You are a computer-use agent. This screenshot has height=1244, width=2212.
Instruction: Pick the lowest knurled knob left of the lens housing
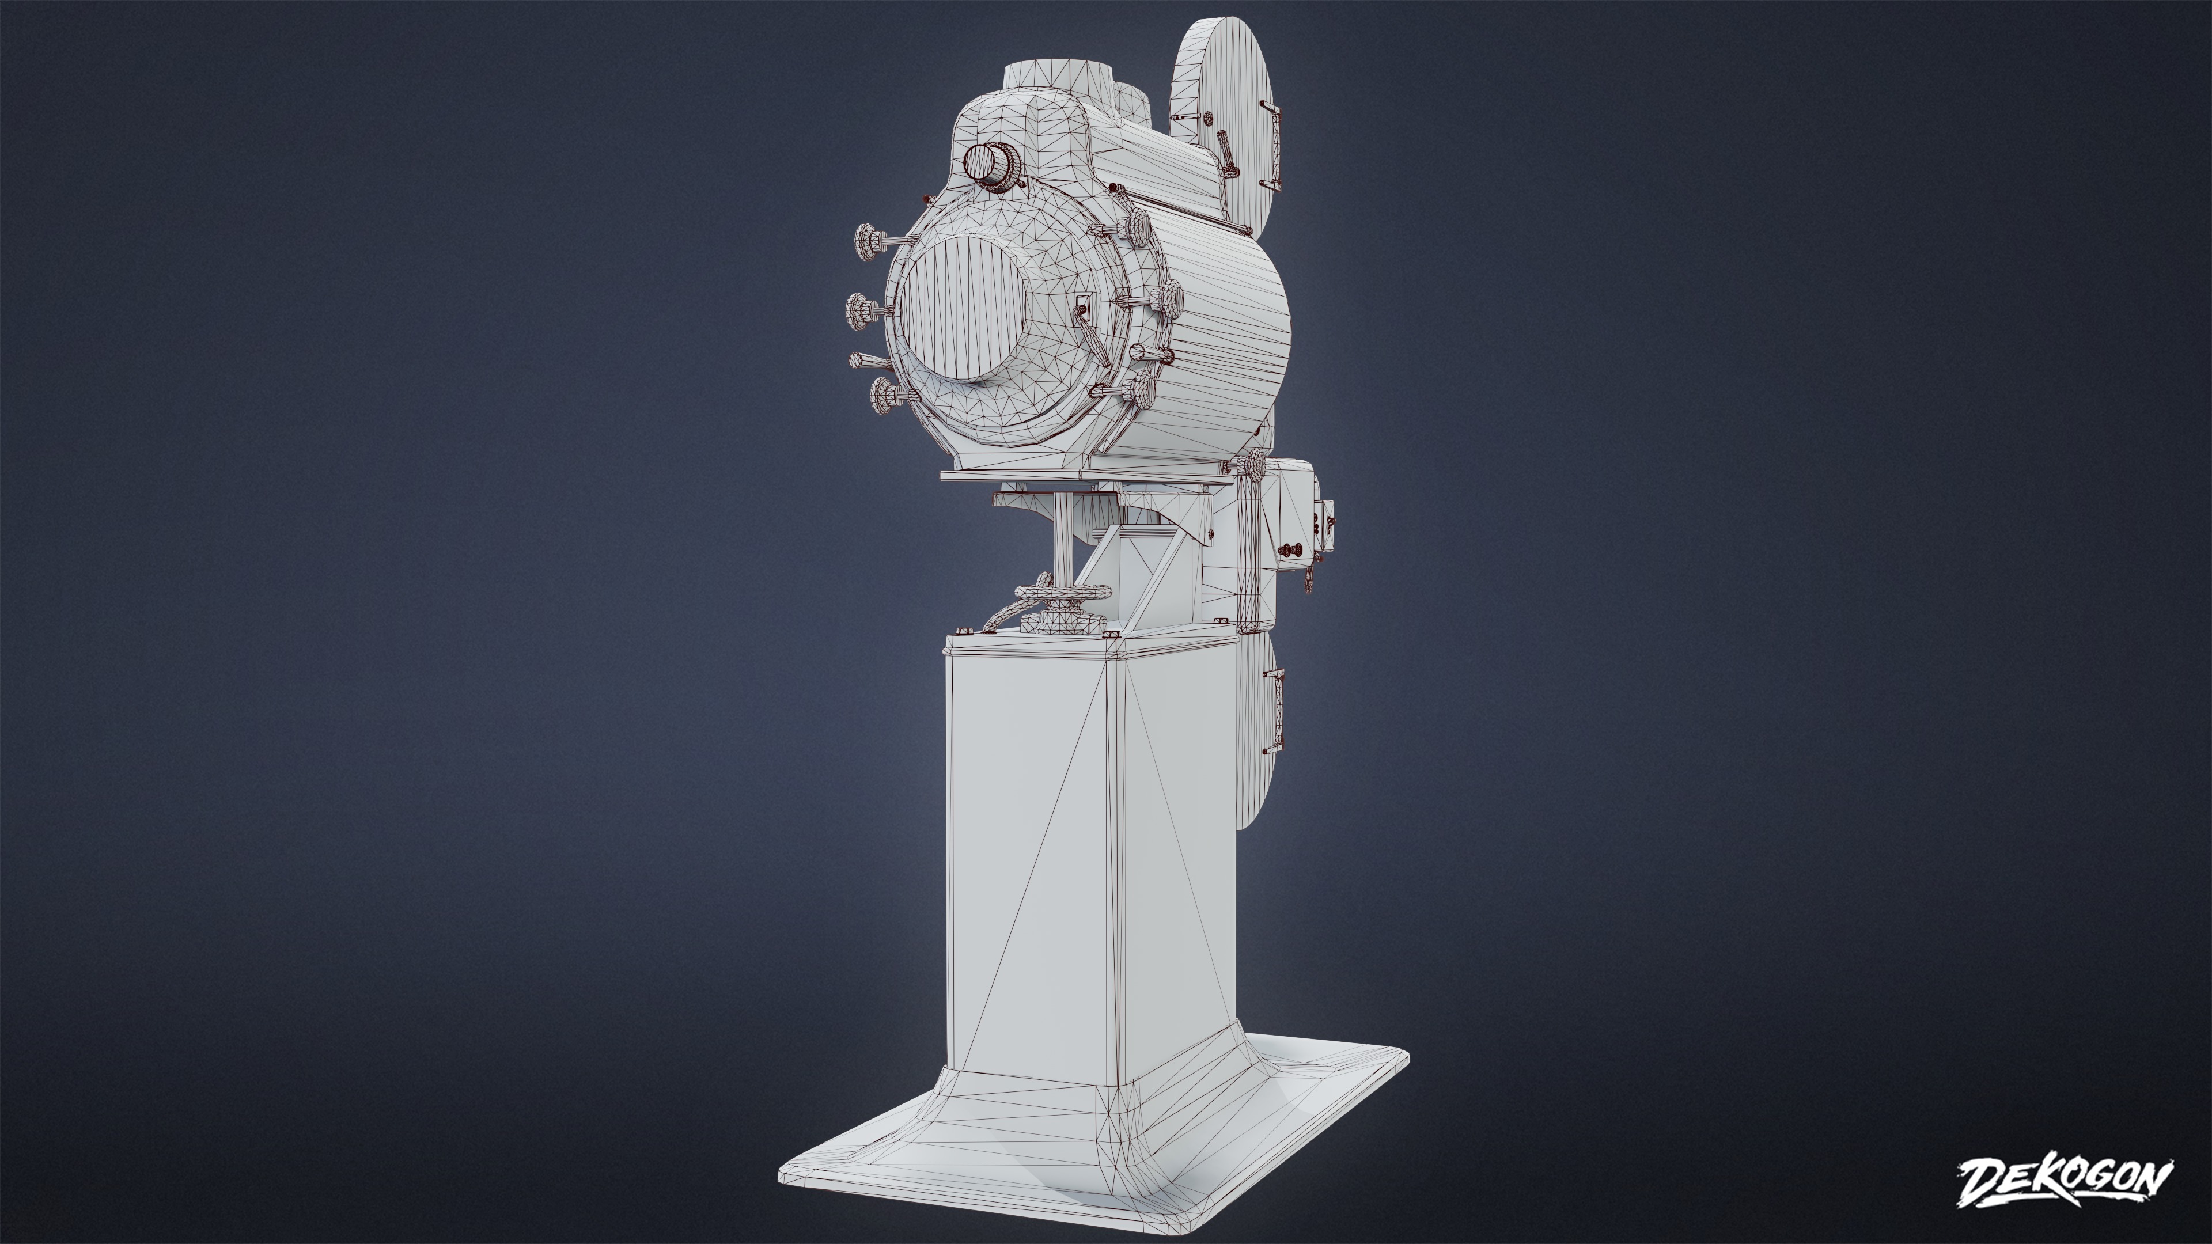884,396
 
